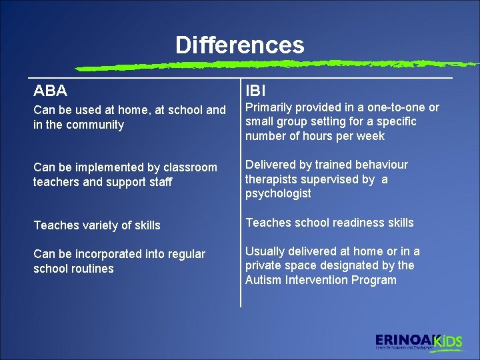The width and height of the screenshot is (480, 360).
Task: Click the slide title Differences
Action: [239, 45]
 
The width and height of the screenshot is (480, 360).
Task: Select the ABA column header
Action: [50, 90]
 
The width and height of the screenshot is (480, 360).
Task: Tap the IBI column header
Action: [257, 90]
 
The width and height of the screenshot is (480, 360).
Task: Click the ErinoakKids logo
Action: [419, 341]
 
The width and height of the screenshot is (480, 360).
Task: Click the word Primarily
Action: [270, 107]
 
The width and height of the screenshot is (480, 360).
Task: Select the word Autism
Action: [263, 280]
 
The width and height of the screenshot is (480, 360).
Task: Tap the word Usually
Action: [266, 251]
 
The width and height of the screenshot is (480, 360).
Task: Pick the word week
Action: [371, 136]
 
